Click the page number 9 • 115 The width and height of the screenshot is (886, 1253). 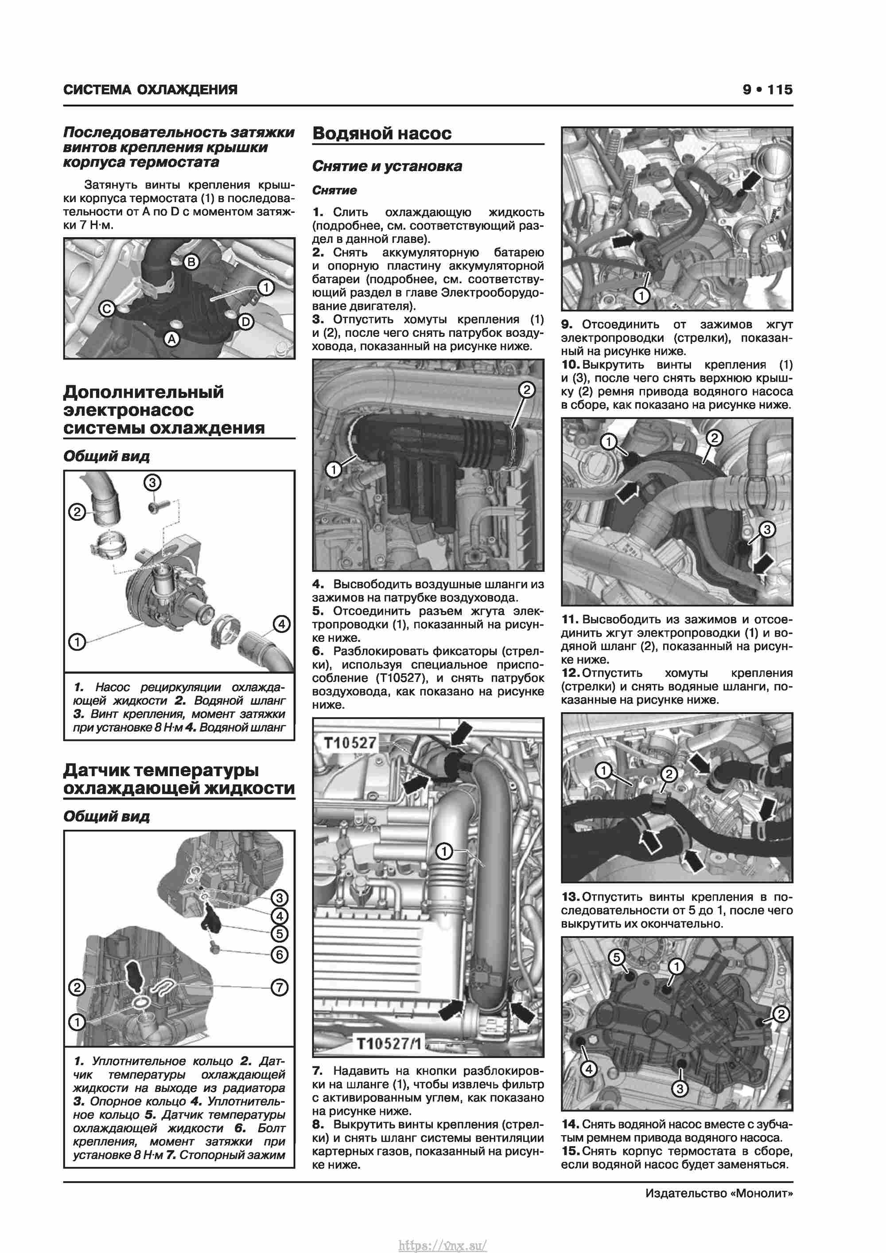coord(767,90)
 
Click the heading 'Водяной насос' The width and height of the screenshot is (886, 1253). coord(382,133)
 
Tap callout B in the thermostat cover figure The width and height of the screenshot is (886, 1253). coord(191,262)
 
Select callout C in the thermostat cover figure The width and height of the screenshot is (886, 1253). coord(106,309)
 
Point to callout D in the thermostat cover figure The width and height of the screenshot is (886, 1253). coord(246,321)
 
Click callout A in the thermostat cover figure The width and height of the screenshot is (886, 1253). coord(172,339)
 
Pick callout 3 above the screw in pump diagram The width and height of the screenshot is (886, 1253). coord(152,482)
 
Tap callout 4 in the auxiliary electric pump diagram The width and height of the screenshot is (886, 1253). coord(281,624)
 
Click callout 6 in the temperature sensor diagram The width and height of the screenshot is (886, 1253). coord(280,954)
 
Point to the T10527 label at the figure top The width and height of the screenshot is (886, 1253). coord(350,743)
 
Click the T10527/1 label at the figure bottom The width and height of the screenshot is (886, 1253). coord(389,1044)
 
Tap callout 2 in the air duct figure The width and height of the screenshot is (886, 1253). coord(526,390)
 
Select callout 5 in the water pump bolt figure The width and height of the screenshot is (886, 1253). coord(617,957)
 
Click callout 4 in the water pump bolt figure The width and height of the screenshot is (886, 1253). coord(589,1069)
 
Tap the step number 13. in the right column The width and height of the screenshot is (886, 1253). coord(570,897)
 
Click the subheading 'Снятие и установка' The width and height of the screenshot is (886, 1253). coord(387,166)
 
